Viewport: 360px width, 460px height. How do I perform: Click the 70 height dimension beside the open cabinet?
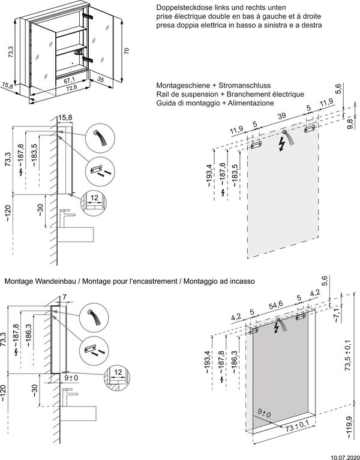click(127, 51)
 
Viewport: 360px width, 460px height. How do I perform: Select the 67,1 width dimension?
click(69, 80)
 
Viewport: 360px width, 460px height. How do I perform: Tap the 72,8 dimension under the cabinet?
click(71, 87)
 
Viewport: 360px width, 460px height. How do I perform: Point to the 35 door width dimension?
click(101, 80)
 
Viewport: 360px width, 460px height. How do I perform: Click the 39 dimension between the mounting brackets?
click(281, 116)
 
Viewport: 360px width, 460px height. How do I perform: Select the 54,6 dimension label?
click(276, 304)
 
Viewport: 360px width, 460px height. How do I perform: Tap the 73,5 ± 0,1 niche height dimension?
click(347, 355)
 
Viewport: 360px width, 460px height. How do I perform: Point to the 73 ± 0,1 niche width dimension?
click(296, 425)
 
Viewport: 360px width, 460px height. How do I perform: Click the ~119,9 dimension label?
click(349, 428)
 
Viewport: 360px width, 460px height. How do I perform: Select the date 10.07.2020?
click(346, 457)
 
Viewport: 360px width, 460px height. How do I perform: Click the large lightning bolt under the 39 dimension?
click(282, 145)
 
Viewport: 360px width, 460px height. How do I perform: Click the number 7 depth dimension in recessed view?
click(64, 297)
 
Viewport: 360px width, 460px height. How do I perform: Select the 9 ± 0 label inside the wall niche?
click(264, 413)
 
